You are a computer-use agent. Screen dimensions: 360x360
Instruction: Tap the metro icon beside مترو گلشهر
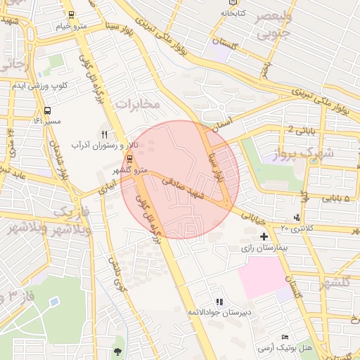[x=129, y=159]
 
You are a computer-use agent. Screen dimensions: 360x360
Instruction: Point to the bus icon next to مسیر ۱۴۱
[x=47, y=110]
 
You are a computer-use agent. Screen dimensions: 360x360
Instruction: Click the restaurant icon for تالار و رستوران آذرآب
[x=105, y=134]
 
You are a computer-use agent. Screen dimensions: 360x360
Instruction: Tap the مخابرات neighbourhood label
[x=138, y=104]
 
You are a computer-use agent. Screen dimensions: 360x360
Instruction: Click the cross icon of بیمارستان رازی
[x=264, y=237]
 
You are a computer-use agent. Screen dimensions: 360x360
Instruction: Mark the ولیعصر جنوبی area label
[x=270, y=23]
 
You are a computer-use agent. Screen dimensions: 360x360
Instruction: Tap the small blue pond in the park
[x=54, y=303]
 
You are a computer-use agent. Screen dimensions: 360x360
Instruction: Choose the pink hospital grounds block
[x=263, y=281]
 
